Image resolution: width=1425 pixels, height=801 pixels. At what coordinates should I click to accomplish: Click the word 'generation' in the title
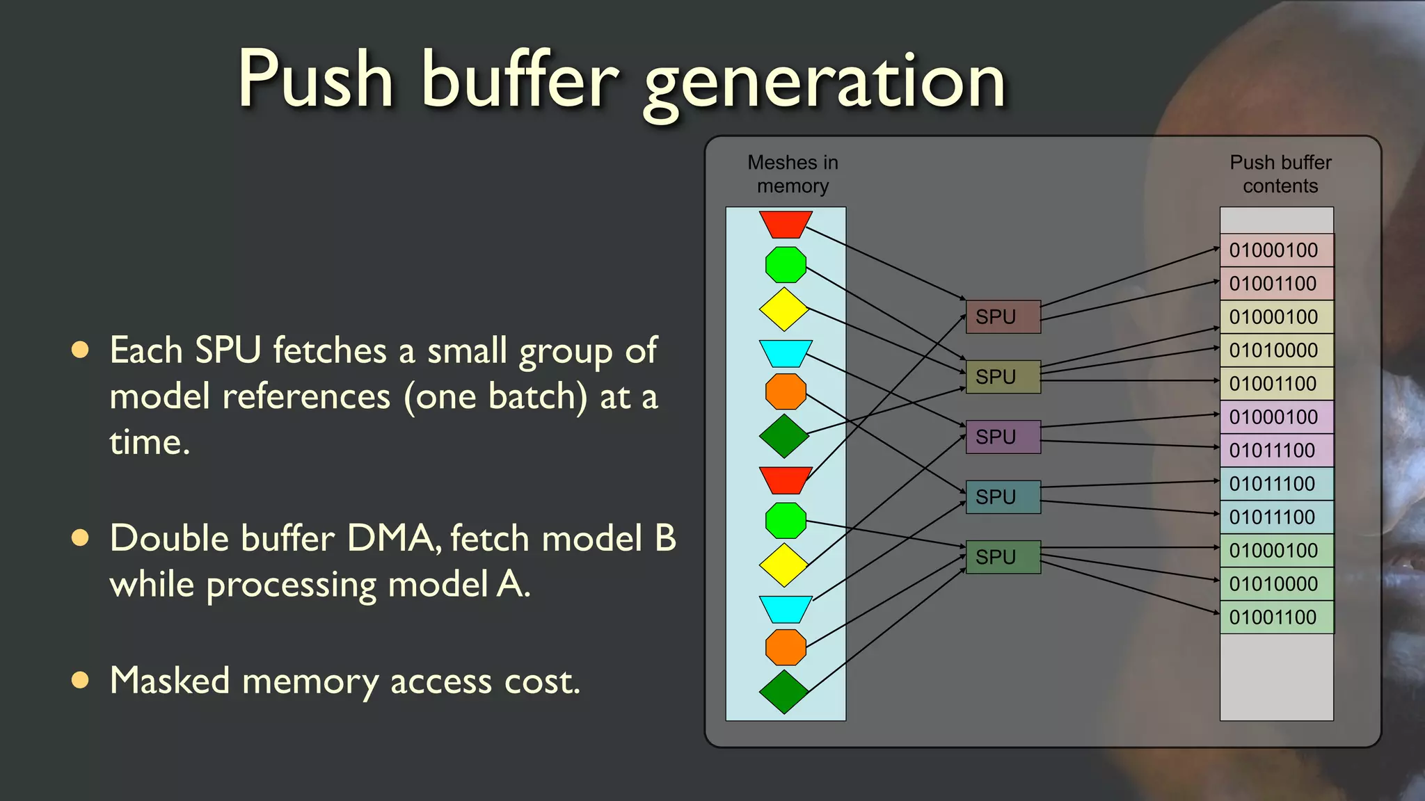click(x=825, y=83)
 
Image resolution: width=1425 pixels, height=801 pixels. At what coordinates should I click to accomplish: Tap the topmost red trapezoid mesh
click(x=786, y=224)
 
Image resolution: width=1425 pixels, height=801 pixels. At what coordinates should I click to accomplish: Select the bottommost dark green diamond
click(x=784, y=692)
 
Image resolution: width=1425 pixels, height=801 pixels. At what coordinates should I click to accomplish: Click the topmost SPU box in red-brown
click(x=1003, y=317)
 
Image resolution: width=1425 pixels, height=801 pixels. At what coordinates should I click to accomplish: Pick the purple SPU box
click(x=1003, y=437)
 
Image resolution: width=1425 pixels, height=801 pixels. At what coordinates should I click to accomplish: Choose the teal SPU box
click(x=1003, y=497)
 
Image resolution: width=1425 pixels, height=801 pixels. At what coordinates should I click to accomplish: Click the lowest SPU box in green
click(x=1003, y=557)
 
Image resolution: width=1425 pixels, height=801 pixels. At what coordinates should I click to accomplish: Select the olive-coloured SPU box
click(x=1003, y=377)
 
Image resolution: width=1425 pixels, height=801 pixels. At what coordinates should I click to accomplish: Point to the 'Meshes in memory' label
click(x=793, y=174)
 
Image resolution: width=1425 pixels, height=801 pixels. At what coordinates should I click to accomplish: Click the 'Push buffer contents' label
click(x=1280, y=174)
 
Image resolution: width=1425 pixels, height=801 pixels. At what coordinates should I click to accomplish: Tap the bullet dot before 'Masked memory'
click(x=81, y=680)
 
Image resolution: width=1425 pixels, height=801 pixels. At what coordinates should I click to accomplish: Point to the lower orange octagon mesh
click(x=786, y=647)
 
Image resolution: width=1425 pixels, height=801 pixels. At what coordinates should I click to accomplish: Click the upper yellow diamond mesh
click(x=784, y=309)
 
